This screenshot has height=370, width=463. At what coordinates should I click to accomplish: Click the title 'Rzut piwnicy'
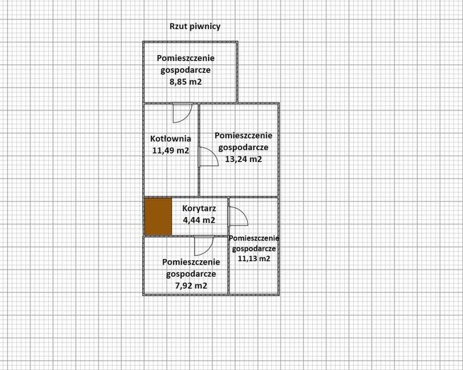[x=195, y=26]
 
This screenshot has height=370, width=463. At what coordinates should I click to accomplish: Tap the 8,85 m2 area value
[x=185, y=82]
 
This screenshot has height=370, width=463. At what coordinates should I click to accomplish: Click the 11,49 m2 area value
[x=170, y=150]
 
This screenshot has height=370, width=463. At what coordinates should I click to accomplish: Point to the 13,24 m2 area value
[x=243, y=159]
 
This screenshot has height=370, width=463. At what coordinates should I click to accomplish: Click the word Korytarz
[x=198, y=208]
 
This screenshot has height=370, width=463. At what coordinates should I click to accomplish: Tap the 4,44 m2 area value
[x=198, y=220]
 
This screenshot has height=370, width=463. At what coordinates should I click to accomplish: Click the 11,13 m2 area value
[x=253, y=259]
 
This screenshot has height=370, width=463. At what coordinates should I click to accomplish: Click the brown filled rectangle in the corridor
[x=158, y=217]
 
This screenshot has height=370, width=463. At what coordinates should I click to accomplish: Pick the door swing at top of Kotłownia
[x=182, y=112]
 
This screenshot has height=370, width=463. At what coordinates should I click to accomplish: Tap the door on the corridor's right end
[x=236, y=216]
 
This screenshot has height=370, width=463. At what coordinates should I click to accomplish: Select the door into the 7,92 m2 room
[x=202, y=245]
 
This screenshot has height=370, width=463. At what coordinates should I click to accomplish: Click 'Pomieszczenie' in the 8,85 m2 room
[x=185, y=57]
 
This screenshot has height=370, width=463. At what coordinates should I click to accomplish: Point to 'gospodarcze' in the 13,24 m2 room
[x=243, y=147]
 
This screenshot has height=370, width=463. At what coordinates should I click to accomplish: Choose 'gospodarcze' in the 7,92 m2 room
[x=191, y=274]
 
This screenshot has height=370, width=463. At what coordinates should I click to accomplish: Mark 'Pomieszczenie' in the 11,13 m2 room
[x=254, y=238]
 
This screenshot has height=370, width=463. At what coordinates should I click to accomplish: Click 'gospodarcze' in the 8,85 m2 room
[x=185, y=70]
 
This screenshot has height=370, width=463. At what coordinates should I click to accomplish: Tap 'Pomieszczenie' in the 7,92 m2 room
[x=191, y=261]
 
